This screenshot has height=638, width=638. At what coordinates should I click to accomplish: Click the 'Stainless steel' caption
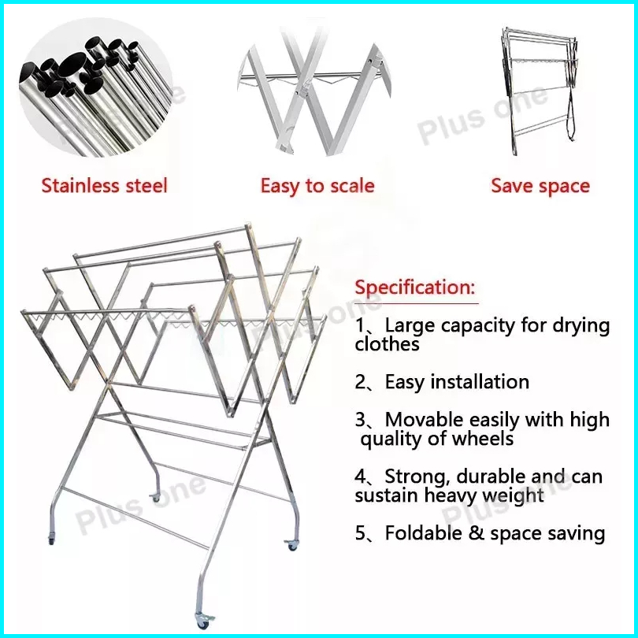[x=104, y=186]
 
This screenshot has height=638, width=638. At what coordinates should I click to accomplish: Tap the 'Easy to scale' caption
[x=317, y=186]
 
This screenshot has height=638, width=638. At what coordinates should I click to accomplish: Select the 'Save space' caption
[x=540, y=186]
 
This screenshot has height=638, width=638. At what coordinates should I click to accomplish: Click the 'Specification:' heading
[x=415, y=287]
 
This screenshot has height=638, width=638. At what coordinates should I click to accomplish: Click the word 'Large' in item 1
[x=405, y=326]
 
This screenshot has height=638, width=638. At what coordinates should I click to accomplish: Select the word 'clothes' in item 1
[x=387, y=344]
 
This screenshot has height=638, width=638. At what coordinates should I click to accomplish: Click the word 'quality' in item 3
[x=395, y=440]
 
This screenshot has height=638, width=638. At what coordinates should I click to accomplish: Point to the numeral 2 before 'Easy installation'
[x=361, y=383]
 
